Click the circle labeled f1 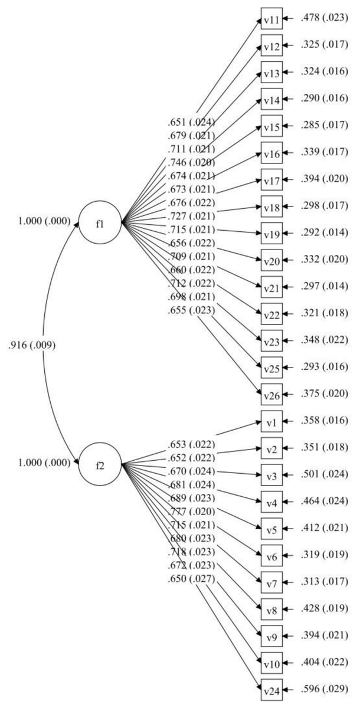coord(100,223)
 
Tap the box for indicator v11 coord(271,20)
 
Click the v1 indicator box coord(271,422)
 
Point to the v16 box coord(271,154)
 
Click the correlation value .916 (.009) coord(32,346)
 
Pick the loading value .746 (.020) coord(191,162)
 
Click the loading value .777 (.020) coord(191,511)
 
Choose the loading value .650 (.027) coord(191,578)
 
